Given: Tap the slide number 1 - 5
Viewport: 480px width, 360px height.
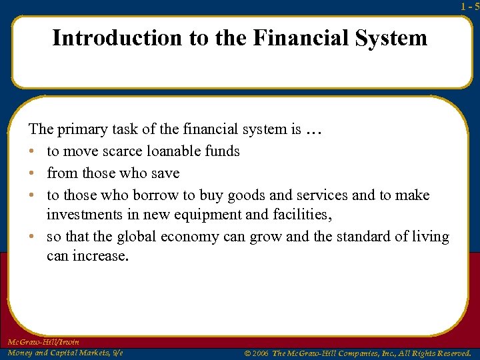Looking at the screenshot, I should click(469, 6).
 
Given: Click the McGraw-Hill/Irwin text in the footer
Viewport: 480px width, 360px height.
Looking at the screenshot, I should click(43, 342).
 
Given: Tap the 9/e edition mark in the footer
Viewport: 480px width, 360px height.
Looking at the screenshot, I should click(115, 353).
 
